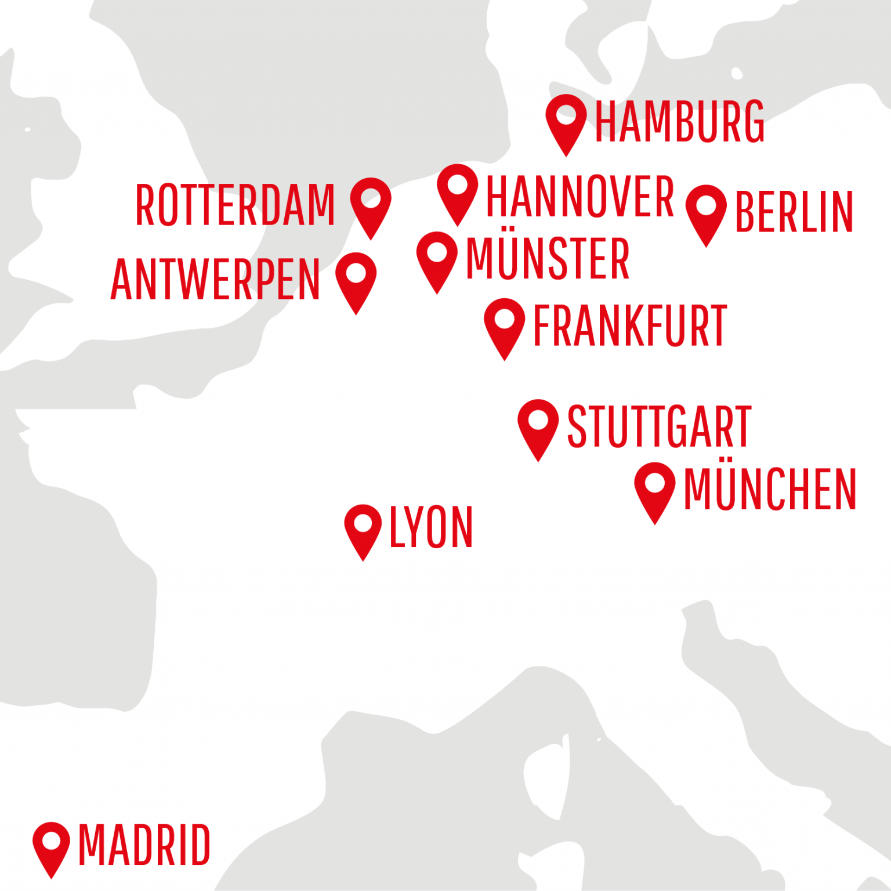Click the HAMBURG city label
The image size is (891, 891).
[680, 122]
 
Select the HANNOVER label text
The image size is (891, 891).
[579, 197]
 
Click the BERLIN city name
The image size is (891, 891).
[794, 212]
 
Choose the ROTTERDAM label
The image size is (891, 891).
[235, 205]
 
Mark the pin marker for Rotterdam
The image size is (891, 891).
[371, 202]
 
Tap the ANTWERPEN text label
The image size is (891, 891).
[215, 280]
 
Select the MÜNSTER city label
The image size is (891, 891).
[548, 258]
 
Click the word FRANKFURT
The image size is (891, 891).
[630, 326]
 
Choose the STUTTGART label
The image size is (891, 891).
[659, 427]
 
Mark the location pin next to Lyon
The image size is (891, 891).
[363, 527]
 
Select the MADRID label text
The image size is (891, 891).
[144, 846]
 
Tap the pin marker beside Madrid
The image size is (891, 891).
[52, 844]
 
